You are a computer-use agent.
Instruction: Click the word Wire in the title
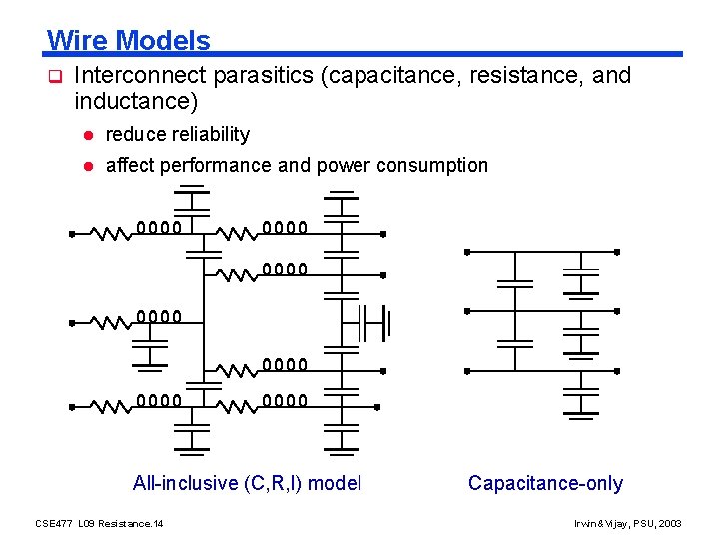coord(77,41)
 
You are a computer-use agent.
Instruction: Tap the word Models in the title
coord(162,41)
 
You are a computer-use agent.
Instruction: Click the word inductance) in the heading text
coord(136,101)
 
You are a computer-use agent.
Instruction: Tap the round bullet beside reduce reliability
coord(88,135)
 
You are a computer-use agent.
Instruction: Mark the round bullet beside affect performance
coord(88,166)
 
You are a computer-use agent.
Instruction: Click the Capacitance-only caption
coord(545,484)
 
